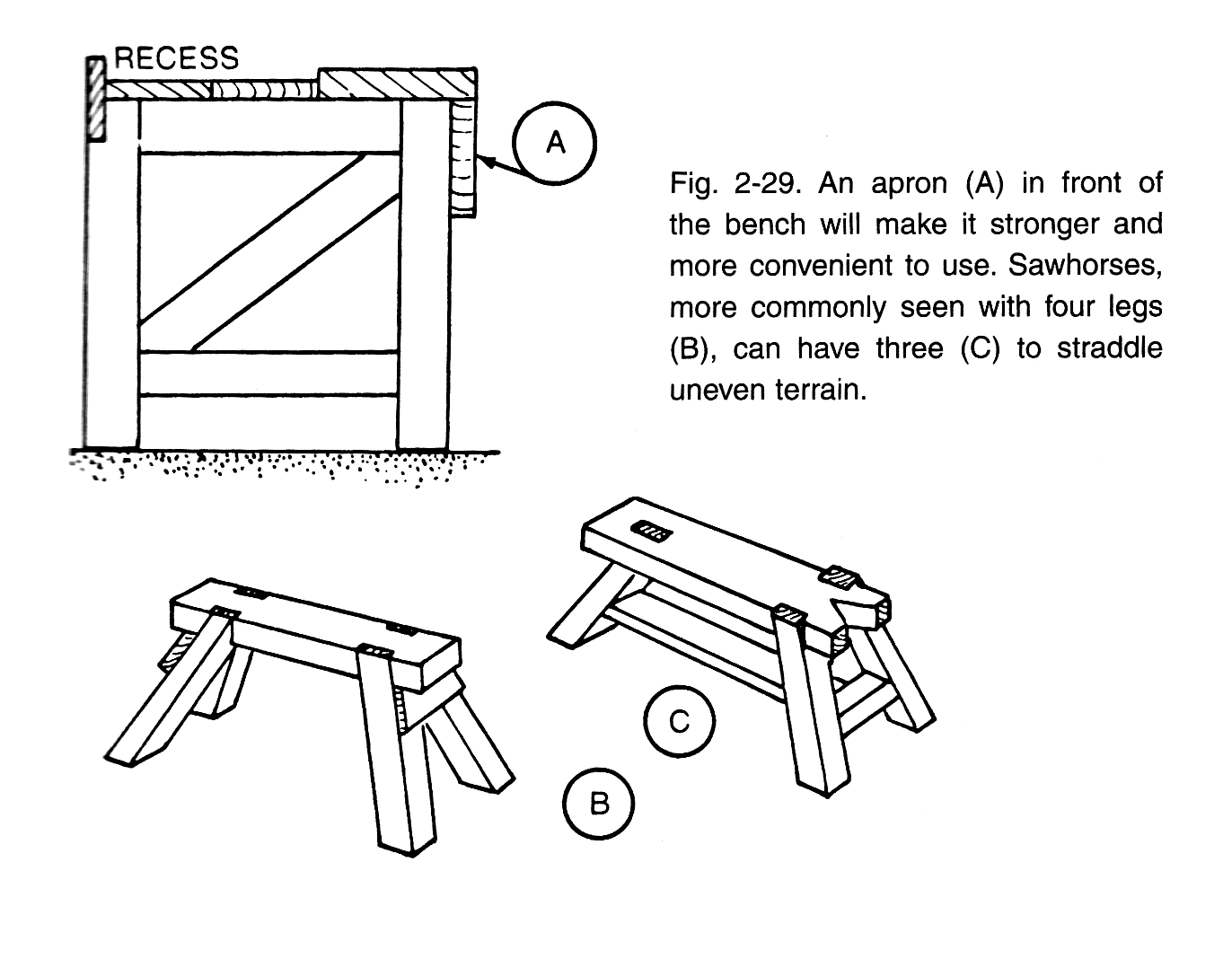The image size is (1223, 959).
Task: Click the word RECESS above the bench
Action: point(177,58)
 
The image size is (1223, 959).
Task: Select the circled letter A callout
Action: point(555,143)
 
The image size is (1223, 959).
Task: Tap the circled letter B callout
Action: point(598,802)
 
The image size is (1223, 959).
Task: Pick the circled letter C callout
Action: point(680,721)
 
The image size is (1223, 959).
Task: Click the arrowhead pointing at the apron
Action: point(488,162)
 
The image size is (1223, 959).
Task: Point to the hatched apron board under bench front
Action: point(463,158)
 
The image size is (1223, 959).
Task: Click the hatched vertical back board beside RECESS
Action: point(96,99)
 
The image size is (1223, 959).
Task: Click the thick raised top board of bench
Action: point(397,83)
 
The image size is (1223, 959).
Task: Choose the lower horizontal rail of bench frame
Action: point(269,373)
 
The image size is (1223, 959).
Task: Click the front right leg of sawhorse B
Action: point(392,754)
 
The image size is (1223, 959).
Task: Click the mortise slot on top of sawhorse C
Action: point(651,532)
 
